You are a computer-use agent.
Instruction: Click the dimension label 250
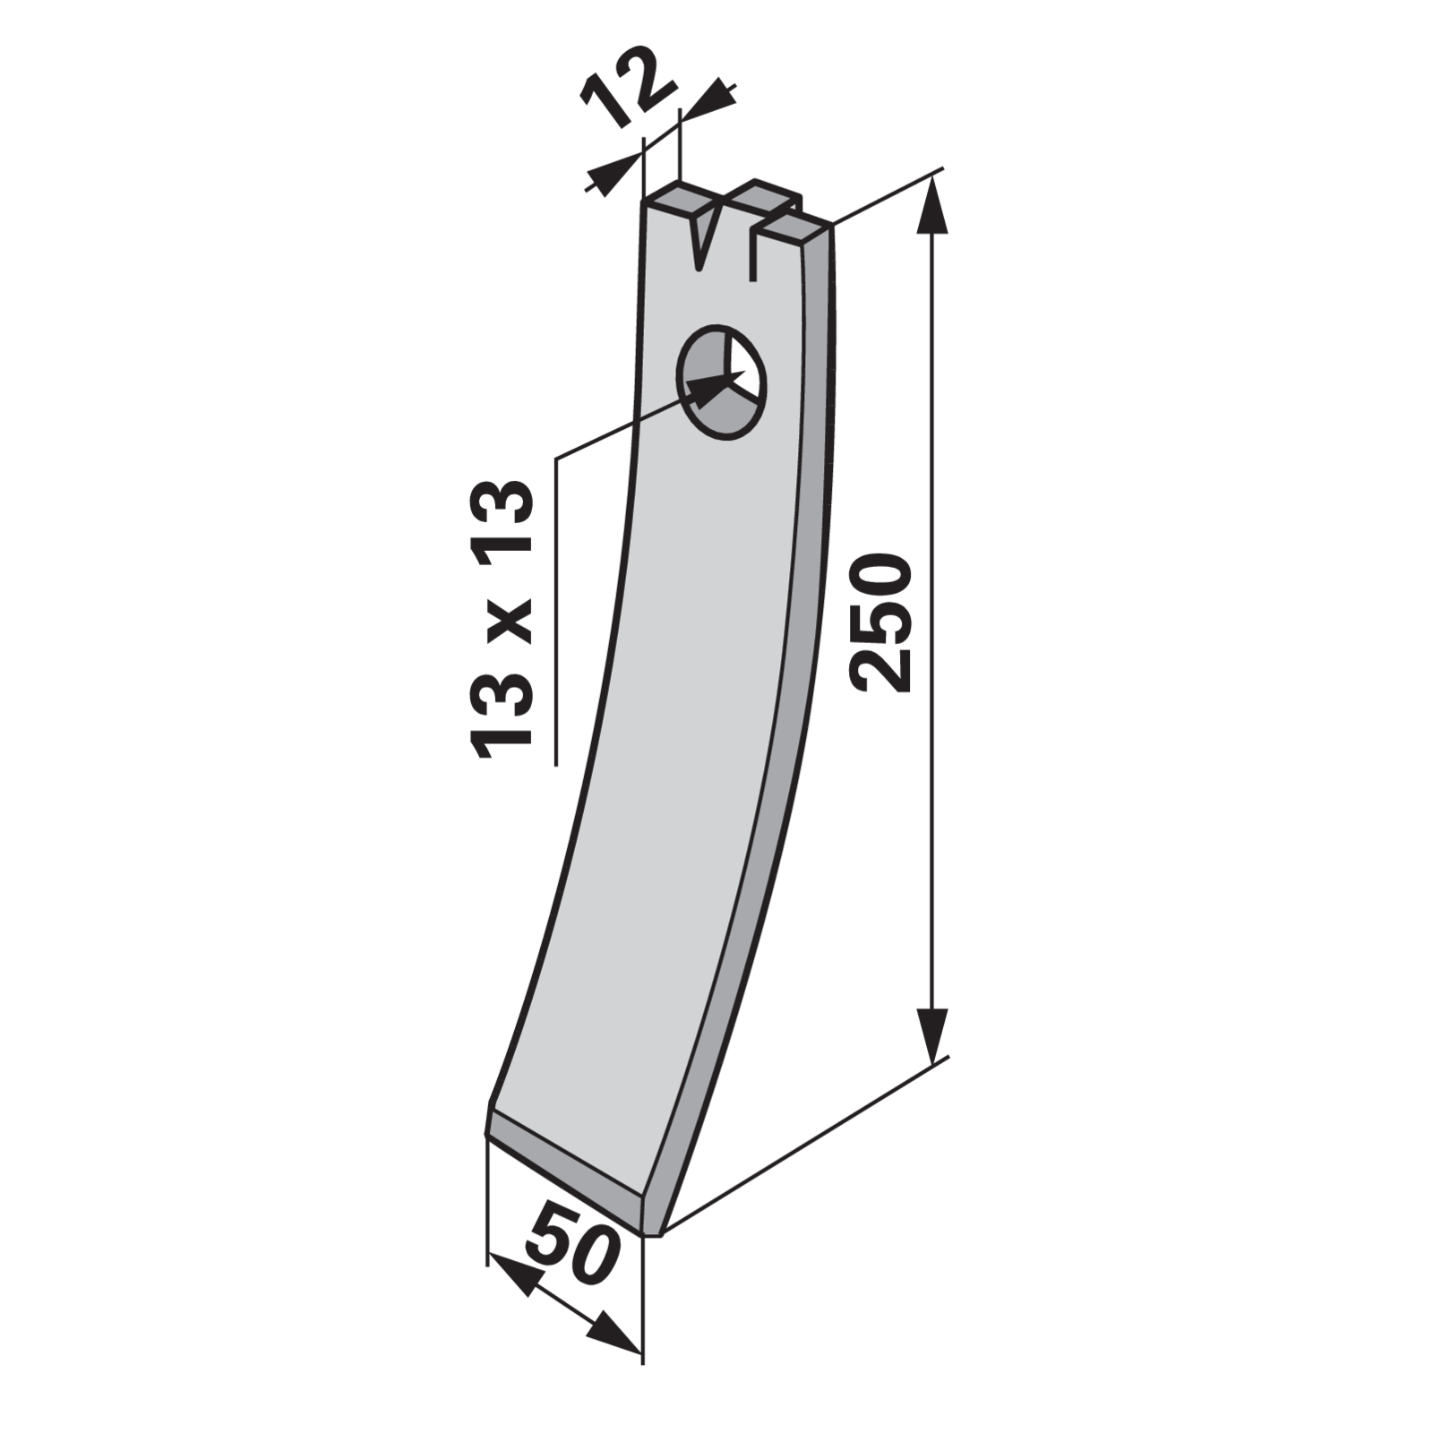point(882,623)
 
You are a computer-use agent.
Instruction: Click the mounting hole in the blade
point(723,382)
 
